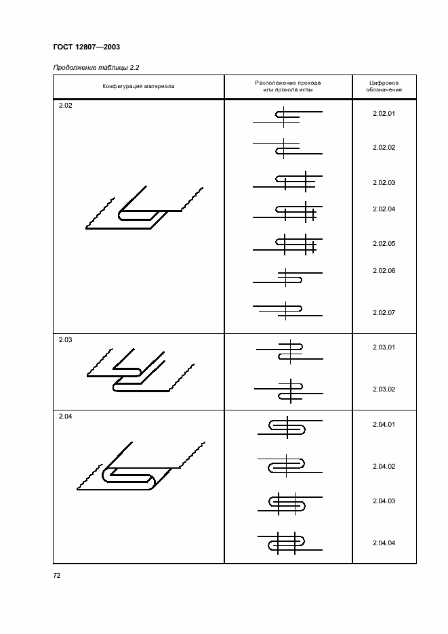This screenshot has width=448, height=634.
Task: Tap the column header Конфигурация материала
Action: (x=138, y=86)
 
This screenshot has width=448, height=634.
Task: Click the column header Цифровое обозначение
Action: (x=384, y=86)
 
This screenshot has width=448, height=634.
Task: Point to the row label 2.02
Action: (x=64, y=106)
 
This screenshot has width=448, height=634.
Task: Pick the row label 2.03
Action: (x=65, y=340)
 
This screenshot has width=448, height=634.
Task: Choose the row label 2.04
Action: (x=65, y=417)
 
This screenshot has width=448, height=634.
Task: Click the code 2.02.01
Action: (x=384, y=113)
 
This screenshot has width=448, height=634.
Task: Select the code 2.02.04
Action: (x=384, y=209)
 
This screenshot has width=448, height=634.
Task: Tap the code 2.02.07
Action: (x=384, y=312)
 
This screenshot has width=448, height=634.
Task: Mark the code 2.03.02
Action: (x=384, y=389)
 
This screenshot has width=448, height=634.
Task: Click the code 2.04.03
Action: (x=384, y=501)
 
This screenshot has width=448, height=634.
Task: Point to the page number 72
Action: (x=58, y=575)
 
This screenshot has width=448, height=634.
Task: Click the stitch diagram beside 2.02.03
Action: (x=288, y=182)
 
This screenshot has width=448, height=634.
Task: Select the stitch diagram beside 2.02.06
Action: (x=288, y=277)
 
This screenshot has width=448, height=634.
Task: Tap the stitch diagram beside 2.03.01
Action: (x=289, y=351)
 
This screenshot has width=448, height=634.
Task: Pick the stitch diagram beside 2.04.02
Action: (x=288, y=465)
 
